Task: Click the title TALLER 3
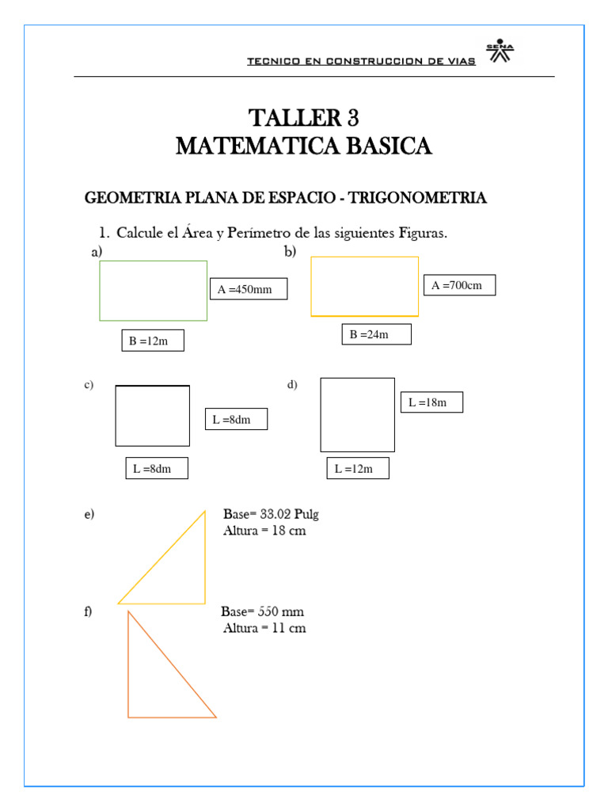[x=304, y=118]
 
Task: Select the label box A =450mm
[x=248, y=289]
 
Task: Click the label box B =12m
[x=153, y=341]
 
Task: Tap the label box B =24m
[x=376, y=334]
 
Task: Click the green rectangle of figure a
[x=154, y=291]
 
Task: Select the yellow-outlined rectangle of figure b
[x=364, y=287]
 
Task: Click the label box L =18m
[x=431, y=402]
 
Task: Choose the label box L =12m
[x=358, y=469]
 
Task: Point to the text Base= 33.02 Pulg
[x=271, y=515]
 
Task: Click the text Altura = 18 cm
[x=264, y=531]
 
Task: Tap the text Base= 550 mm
[x=262, y=612]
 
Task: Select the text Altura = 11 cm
[x=264, y=628]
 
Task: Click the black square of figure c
[x=153, y=416]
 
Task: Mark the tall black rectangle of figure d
[x=357, y=415]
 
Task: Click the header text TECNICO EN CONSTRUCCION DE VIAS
[x=361, y=61]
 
